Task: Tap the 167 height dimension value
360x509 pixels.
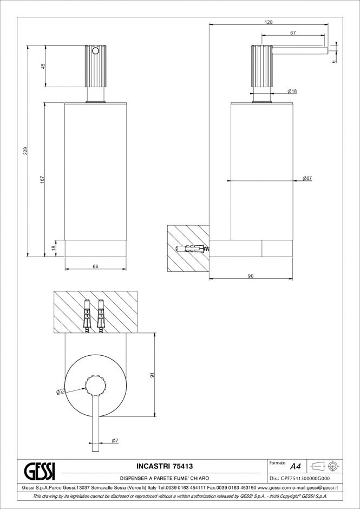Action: pos(42,179)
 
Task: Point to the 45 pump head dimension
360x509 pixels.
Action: pos(43,66)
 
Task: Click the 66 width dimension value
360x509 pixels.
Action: pos(95,266)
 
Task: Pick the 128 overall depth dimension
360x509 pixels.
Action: pos(269,22)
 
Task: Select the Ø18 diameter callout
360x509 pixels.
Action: pos(292,92)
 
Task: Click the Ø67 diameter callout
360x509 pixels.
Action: pos(307,178)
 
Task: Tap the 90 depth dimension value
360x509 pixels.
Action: pos(251,276)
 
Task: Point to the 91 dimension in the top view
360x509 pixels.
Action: pos(152,375)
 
